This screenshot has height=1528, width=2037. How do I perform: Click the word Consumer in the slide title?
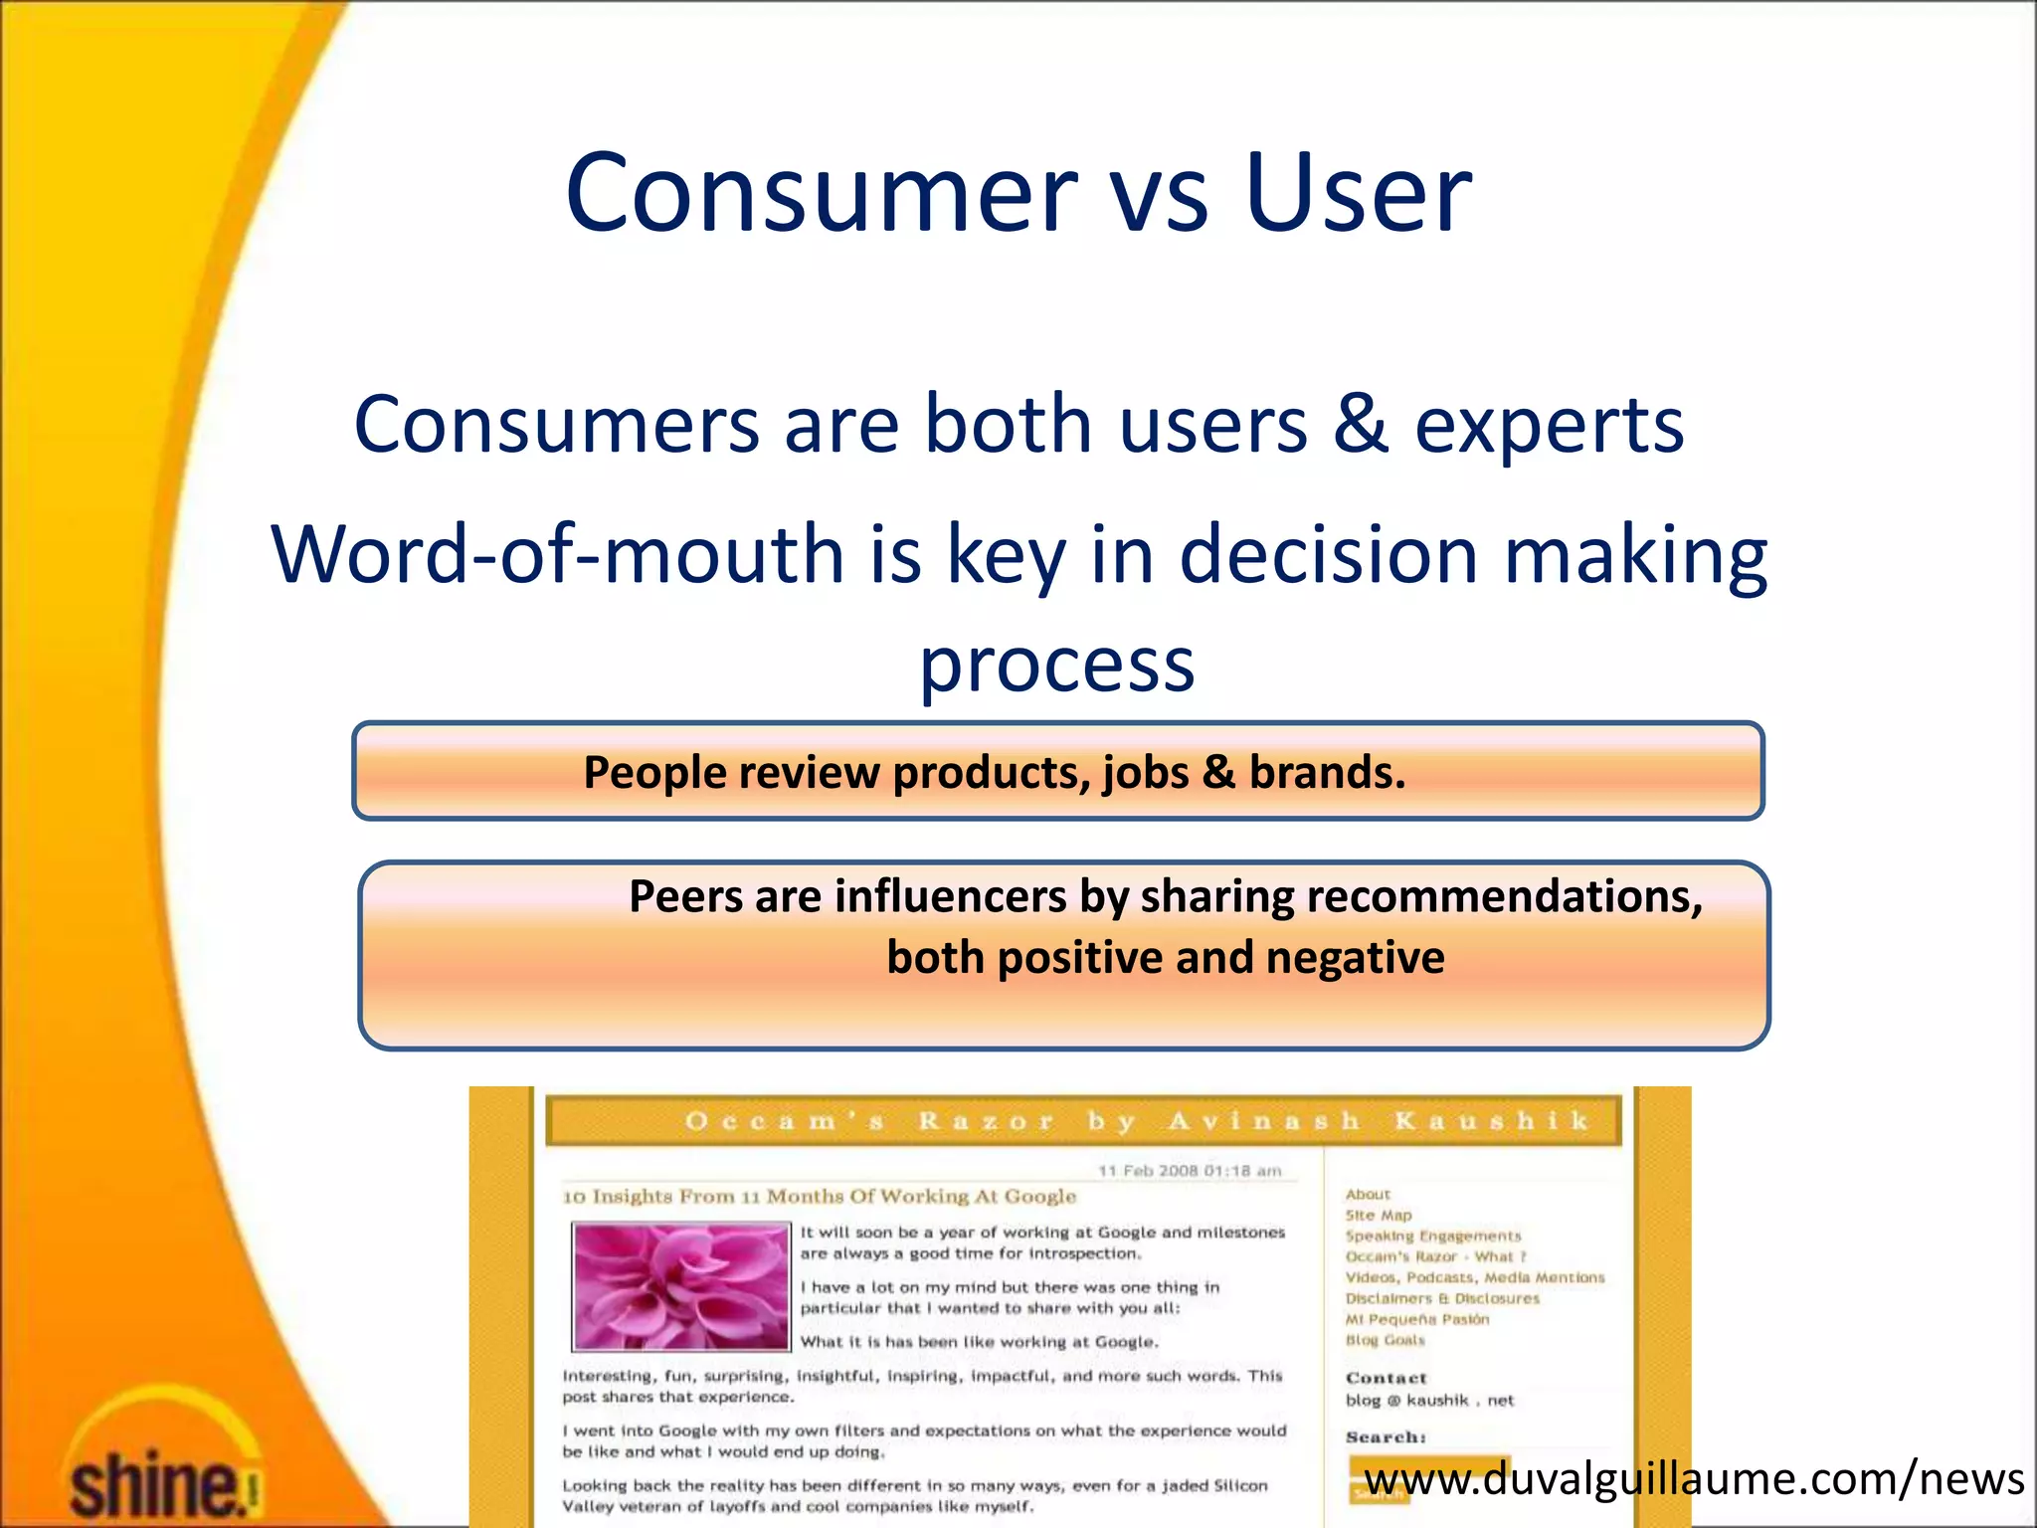(821, 192)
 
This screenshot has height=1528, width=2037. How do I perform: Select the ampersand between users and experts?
(1361, 425)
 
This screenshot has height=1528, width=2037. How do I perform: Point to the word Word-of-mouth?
(557, 554)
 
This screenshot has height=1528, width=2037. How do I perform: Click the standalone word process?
(1056, 665)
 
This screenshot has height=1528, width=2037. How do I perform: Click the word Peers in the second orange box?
(685, 896)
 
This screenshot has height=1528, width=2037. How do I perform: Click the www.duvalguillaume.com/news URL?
(1694, 1479)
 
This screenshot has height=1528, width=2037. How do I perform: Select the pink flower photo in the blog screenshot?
(681, 1286)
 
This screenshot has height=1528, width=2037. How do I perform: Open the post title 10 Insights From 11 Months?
(819, 1196)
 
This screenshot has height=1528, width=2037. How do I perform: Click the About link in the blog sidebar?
(1368, 1194)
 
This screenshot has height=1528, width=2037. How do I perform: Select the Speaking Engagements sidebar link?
(1432, 1236)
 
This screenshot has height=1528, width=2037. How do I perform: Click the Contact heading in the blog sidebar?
(1386, 1378)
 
